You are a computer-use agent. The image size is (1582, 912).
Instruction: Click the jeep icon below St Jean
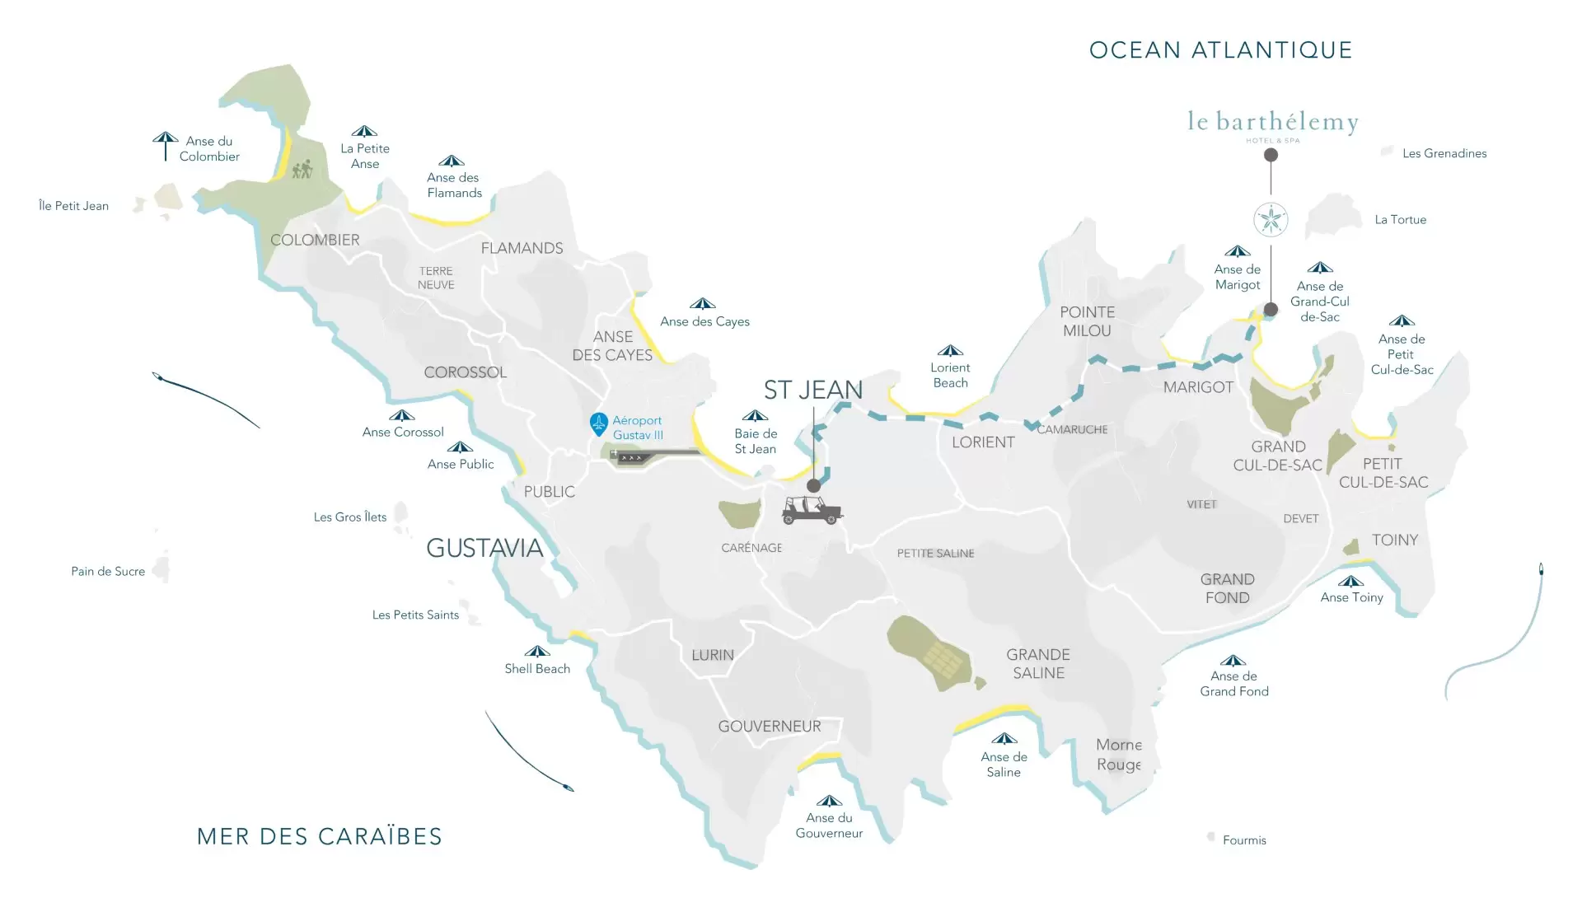[x=812, y=510]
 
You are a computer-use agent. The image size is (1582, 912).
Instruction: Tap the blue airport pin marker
[x=599, y=423]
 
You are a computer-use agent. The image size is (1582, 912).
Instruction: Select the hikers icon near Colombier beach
[x=302, y=169]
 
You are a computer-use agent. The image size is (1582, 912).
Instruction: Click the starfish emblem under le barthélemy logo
[x=1271, y=219]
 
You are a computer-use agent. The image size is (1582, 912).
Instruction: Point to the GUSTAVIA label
[x=484, y=548]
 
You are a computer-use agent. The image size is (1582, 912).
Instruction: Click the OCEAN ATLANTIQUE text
[x=1220, y=50]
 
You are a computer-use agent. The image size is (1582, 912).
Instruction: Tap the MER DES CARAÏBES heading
[x=320, y=836]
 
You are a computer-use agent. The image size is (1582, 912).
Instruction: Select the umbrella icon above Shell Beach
[x=537, y=651]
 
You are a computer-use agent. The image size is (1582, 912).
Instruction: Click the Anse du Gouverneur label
[x=829, y=825]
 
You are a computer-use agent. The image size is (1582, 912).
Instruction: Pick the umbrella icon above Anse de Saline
[x=1004, y=738]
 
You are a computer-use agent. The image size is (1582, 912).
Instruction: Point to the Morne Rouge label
[x=1118, y=755]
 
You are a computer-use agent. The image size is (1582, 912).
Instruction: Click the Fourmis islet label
[x=1244, y=840]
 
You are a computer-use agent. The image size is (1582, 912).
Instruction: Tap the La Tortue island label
[x=1400, y=220]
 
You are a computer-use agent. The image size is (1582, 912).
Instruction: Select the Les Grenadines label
[x=1444, y=153]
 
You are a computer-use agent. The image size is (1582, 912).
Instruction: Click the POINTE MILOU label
[x=1087, y=321]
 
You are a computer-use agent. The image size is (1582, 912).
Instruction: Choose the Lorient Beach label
[x=950, y=375]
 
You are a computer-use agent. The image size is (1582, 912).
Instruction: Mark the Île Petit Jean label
[x=73, y=206]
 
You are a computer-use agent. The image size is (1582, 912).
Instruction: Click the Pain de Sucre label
[x=108, y=571]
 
